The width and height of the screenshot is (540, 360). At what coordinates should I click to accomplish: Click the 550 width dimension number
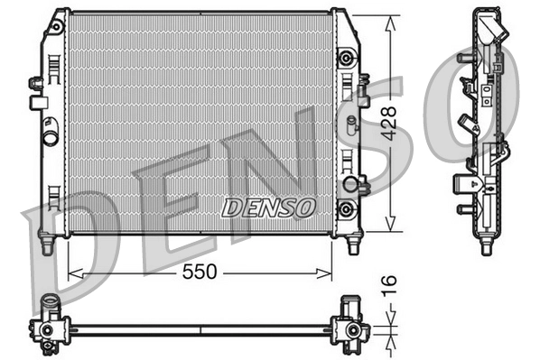[x=200, y=272]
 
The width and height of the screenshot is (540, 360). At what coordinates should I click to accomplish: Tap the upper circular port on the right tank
[x=344, y=60]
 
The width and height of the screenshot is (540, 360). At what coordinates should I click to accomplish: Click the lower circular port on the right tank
[x=344, y=208]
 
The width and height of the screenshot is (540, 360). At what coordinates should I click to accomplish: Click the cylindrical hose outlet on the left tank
[x=51, y=137]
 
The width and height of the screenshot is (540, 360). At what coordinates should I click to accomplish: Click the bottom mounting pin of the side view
[x=486, y=246]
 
